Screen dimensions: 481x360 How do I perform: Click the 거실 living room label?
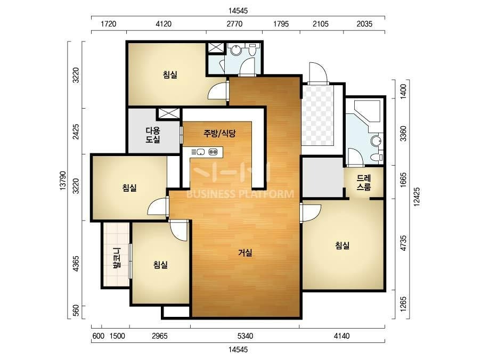pyautogui.click(x=246, y=252)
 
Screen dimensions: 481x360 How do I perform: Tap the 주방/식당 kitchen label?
pyautogui.click(x=219, y=133)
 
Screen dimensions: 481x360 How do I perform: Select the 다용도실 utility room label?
pyautogui.click(x=153, y=135)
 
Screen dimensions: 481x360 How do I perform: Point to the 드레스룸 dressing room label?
pyautogui.click(x=364, y=183)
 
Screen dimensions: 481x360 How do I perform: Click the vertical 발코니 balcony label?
pyautogui.click(x=117, y=257)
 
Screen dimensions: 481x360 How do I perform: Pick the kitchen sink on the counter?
pyautogui.click(x=201, y=152)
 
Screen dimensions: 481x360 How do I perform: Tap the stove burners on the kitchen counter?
pyautogui.click(x=213, y=152)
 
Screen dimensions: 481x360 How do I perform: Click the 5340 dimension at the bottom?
pyautogui.click(x=246, y=336)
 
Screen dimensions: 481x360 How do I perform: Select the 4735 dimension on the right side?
pyautogui.click(x=403, y=243)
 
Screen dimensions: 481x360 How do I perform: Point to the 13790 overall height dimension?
pyautogui.click(x=62, y=181)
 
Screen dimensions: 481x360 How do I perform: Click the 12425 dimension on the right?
pyautogui.click(x=417, y=197)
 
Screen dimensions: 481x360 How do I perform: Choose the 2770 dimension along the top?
pyautogui.click(x=234, y=24)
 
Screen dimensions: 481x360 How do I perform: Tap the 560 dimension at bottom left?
pyautogui.click(x=76, y=310)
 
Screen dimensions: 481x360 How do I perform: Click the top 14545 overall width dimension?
pyautogui.click(x=238, y=11)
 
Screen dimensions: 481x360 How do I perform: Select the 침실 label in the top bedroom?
pyautogui.click(x=170, y=75)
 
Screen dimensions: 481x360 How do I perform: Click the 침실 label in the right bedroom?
pyautogui.click(x=342, y=246)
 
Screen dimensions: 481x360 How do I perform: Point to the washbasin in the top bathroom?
pyautogui.click(x=236, y=50)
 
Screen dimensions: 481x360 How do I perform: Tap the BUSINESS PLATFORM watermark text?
pyautogui.click(x=240, y=194)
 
